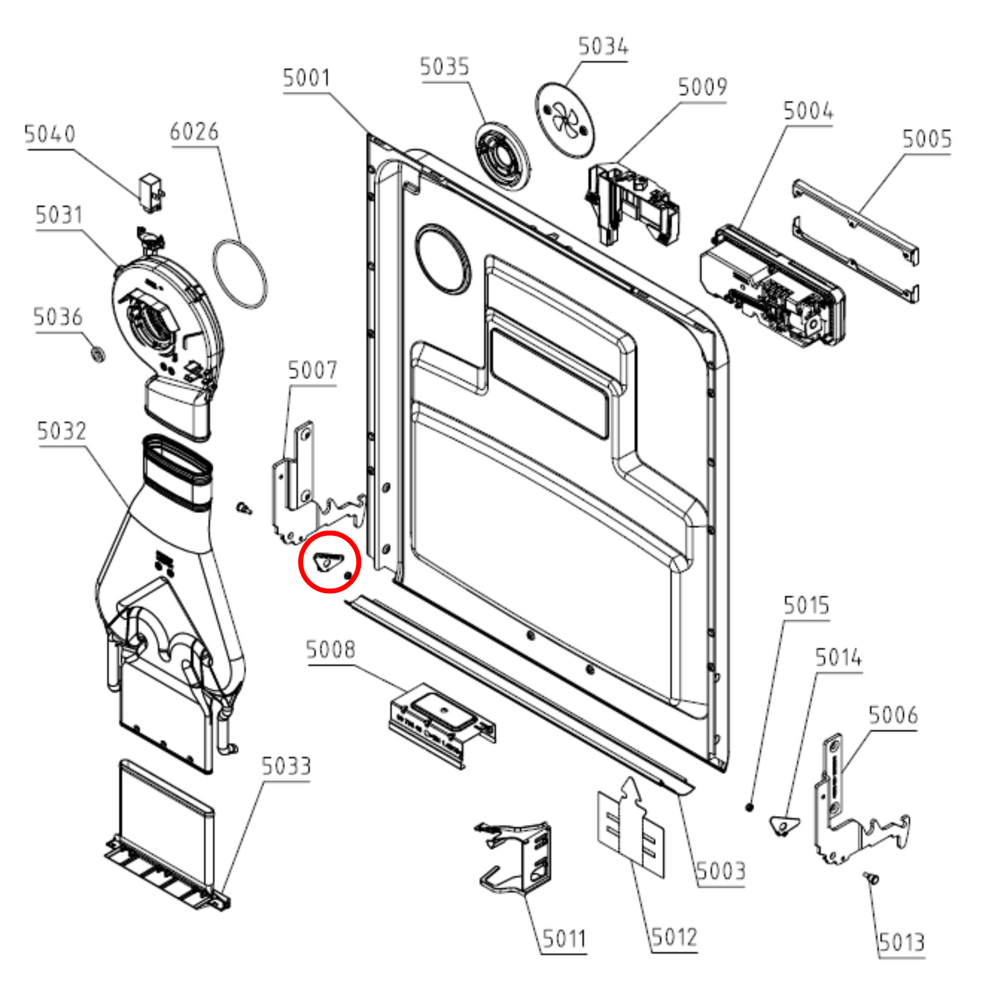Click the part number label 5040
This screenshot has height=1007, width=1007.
[x=50, y=134]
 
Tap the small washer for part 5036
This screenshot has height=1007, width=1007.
[x=97, y=354]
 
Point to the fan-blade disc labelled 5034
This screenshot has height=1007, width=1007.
[x=565, y=119]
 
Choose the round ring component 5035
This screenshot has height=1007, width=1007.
[x=502, y=156]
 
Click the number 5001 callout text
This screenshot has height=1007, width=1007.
[x=307, y=78]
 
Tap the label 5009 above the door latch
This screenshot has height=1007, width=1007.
[x=702, y=86]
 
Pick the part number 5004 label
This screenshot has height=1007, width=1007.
[x=808, y=111]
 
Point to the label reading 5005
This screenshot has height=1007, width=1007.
[x=927, y=139]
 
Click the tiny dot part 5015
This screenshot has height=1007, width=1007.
[x=749, y=808]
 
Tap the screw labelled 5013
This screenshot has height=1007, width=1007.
[x=871, y=879]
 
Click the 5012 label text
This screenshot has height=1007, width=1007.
[x=674, y=938]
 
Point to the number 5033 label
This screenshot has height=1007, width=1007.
[x=286, y=766]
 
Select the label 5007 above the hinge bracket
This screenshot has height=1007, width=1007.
[x=312, y=371]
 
